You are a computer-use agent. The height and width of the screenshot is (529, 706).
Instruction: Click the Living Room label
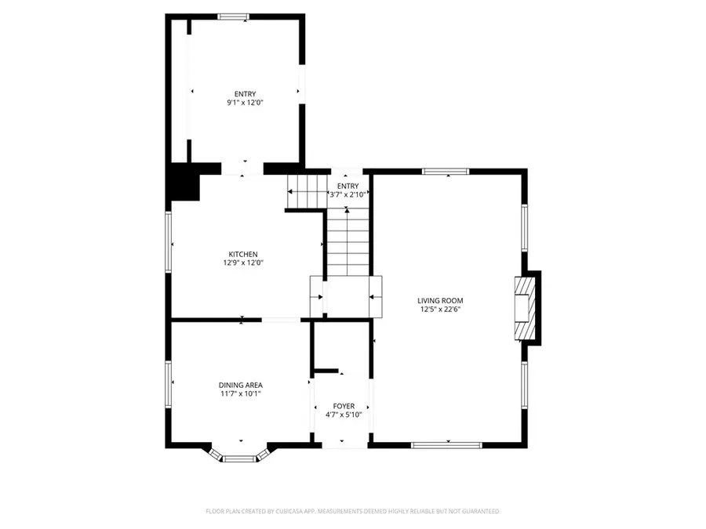point(440,300)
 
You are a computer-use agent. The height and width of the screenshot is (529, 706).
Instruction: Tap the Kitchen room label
point(243,254)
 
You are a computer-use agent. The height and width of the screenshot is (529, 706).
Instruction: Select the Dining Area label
point(240,385)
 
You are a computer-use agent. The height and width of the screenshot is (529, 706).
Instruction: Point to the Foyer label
point(344,406)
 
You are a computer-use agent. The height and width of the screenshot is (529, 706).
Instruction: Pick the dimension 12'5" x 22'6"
point(440,309)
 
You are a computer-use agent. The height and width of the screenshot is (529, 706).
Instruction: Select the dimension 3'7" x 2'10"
point(348,194)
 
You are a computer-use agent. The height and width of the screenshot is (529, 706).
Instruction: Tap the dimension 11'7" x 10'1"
point(240,393)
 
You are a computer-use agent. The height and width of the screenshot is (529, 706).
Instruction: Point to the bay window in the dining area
point(240,456)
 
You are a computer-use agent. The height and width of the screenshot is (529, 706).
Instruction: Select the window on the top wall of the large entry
point(233,16)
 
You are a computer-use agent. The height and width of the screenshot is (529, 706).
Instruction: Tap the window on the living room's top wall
point(446,171)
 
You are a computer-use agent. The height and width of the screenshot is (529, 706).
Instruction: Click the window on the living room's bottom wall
point(446,445)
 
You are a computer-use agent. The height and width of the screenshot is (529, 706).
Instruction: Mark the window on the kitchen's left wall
point(168,243)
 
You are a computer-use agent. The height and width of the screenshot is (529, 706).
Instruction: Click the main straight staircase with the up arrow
point(346,243)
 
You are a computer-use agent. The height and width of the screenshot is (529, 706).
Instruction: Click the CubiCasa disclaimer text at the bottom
point(352,511)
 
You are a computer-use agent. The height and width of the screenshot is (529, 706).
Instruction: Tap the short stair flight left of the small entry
point(307,192)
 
